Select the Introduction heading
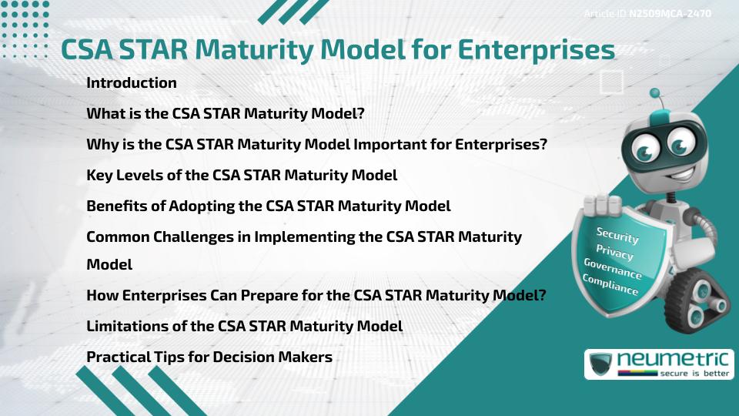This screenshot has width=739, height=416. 132,82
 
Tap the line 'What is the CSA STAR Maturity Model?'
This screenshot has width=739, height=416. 226,114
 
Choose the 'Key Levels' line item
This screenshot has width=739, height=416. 242,175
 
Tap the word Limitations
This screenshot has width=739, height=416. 128,326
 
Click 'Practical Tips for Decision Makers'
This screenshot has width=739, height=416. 209,357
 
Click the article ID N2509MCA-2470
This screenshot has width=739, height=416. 670,14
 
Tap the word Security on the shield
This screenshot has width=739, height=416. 617,235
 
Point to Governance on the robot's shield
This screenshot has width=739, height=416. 613,268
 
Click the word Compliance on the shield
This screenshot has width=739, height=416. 610,285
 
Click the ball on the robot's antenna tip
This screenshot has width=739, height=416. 654,93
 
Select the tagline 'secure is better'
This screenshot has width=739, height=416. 694,374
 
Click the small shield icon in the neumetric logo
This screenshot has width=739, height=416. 600,364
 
